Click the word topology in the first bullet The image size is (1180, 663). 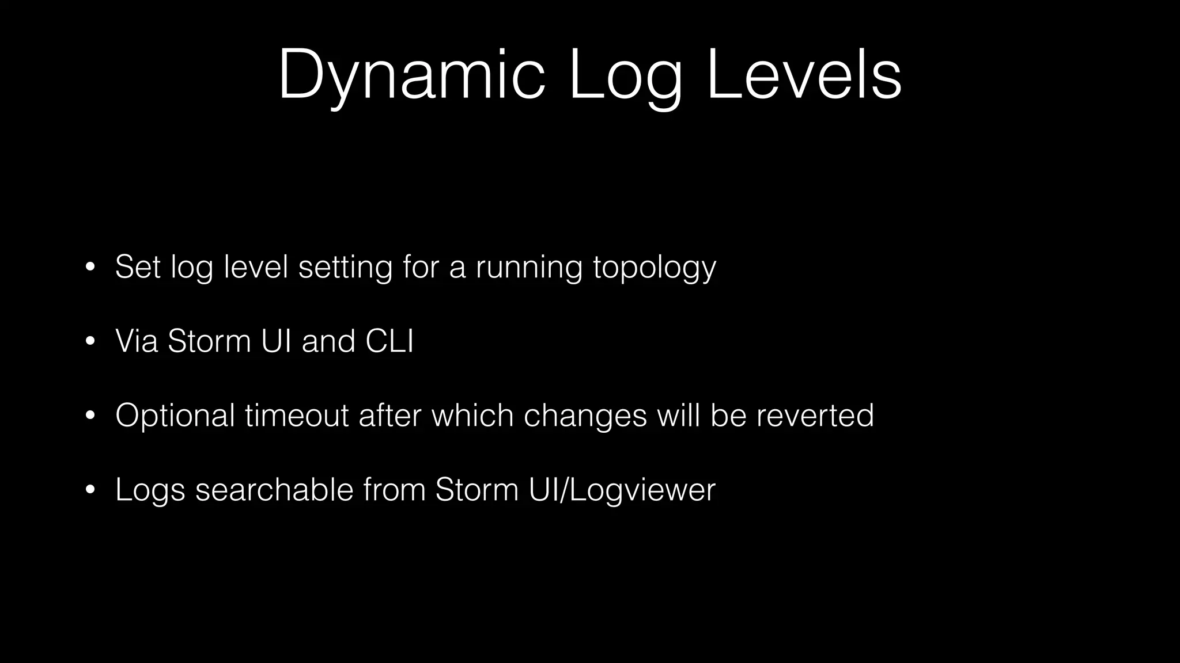[x=655, y=268]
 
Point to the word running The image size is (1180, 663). [x=529, y=268]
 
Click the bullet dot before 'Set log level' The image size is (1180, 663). [x=89, y=268]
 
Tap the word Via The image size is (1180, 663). [x=137, y=341]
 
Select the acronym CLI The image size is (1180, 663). [x=389, y=341]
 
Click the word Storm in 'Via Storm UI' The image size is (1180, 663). [x=209, y=341]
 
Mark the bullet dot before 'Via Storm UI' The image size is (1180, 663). [x=89, y=342]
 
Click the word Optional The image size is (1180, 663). [x=175, y=416]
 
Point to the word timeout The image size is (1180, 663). [x=297, y=416]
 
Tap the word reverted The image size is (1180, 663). [x=815, y=416]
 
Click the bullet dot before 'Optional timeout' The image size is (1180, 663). [x=89, y=416]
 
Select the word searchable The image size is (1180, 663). [x=274, y=490]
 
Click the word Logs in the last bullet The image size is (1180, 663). [x=150, y=491]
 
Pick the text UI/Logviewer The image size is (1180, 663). [x=622, y=491]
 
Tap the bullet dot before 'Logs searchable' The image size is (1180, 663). [x=89, y=490]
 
